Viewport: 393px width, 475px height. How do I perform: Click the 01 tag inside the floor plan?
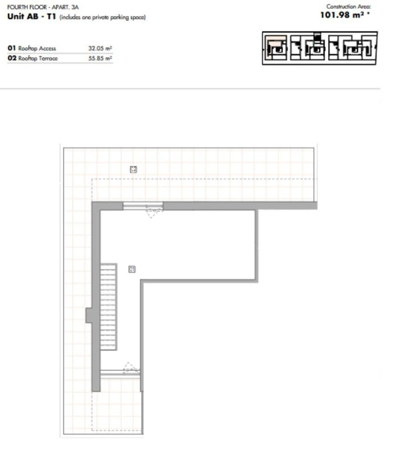tap(132, 269)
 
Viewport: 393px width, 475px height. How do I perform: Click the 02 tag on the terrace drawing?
tap(134, 169)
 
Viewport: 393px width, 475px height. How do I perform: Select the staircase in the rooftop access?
tap(108, 306)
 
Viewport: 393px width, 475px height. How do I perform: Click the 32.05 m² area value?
tap(100, 49)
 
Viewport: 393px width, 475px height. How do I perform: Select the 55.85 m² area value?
tap(100, 58)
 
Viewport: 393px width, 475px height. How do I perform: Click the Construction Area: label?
tap(348, 7)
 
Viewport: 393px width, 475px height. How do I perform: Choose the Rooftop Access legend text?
tap(37, 49)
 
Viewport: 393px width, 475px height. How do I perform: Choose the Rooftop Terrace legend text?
tap(38, 58)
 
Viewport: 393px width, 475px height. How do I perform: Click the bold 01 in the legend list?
tap(12, 49)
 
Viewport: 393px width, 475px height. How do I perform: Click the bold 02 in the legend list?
tap(12, 58)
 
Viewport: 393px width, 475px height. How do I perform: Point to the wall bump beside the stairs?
tap(89, 315)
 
